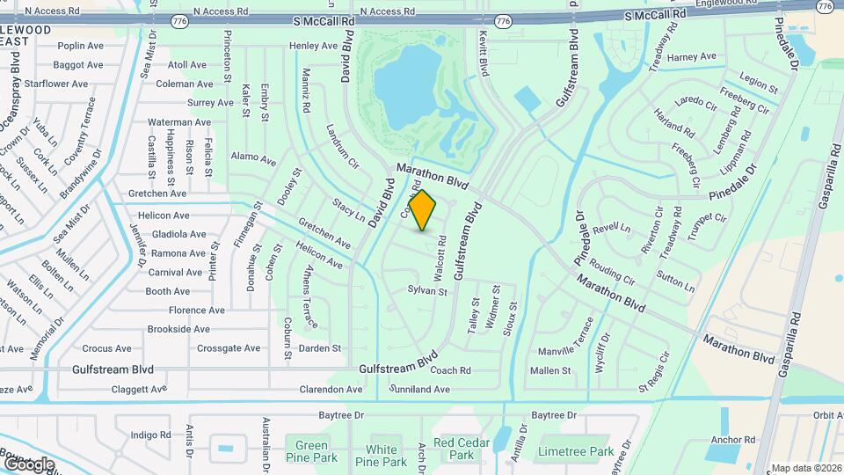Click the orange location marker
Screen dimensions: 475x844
click(x=423, y=210)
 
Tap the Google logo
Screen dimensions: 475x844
click(x=29, y=464)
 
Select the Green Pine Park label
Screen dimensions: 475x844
click(x=311, y=451)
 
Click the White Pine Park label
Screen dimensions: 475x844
click(x=382, y=456)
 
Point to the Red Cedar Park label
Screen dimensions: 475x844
click(x=455, y=449)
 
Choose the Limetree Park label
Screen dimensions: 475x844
click(x=576, y=451)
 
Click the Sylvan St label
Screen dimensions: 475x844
click(x=428, y=290)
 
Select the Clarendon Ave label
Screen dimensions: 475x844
click(x=331, y=389)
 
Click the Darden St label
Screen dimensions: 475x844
click(x=320, y=348)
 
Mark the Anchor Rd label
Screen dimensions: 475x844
click(x=733, y=439)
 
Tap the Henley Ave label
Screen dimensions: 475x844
click(x=313, y=46)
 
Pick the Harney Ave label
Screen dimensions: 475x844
click(x=692, y=57)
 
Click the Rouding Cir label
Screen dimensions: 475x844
click(x=612, y=272)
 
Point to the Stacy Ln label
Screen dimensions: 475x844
click(x=349, y=212)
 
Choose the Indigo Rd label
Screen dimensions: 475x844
click(x=150, y=435)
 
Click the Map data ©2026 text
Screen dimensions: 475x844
click(x=804, y=467)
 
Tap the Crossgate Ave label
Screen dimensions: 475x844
click(x=229, y=348)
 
